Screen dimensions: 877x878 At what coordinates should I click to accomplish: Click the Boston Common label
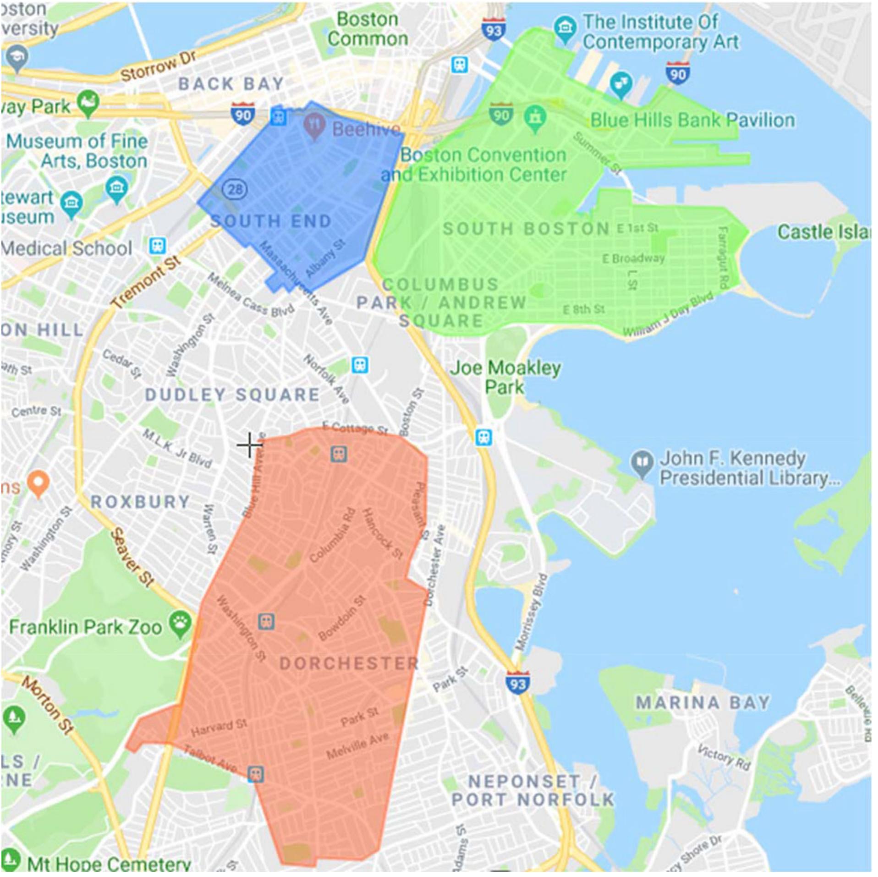coord(368,29)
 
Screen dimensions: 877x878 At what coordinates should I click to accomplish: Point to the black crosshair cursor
coord(250,444)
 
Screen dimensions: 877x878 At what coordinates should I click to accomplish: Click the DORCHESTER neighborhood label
coord(349,663)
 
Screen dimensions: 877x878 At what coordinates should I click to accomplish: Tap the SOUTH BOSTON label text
coord(526,228)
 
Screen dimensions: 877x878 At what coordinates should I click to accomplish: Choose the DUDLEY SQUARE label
coord(232,395)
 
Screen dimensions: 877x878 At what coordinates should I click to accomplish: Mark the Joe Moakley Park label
coord(505,377)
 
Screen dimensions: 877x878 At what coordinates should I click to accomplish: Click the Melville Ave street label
coord(357,747)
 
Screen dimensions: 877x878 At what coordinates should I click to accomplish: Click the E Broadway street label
coord(633,258)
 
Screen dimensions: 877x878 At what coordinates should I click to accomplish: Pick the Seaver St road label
coord(132,557)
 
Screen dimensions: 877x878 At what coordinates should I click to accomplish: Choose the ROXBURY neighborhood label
coord(140,502)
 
